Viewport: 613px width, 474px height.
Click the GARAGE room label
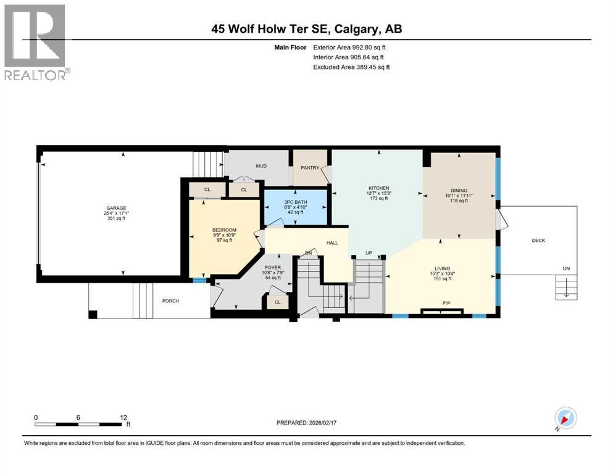point(115,208)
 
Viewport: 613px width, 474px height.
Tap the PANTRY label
point(309,167)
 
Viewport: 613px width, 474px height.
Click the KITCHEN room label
point(379,188)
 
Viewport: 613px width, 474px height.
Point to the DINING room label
point(459,190)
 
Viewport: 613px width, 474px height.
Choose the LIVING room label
point(443,268)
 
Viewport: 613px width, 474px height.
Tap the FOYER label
point(272,268)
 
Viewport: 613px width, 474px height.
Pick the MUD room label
point(261,166)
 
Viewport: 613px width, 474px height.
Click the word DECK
point(538,240)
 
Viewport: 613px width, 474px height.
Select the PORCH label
point(170,301)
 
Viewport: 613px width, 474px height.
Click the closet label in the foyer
point(277,302)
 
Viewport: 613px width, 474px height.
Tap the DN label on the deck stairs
point(567,268)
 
